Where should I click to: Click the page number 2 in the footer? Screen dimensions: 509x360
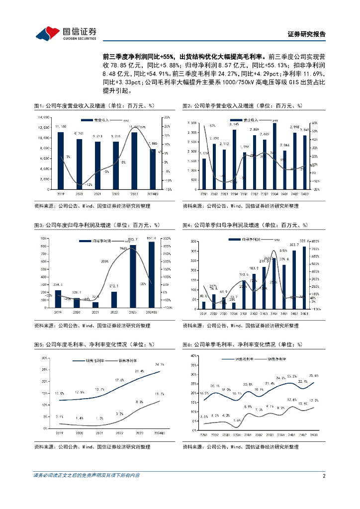click(x=324, y=476)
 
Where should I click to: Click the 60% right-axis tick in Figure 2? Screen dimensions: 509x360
click(x=314, y=123)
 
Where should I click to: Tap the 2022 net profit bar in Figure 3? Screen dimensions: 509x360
click(x=114, y=300)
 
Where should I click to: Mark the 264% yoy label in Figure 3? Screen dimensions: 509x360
click(x=124, y=249)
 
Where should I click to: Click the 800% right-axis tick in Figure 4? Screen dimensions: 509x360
click(x=315, y=241)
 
